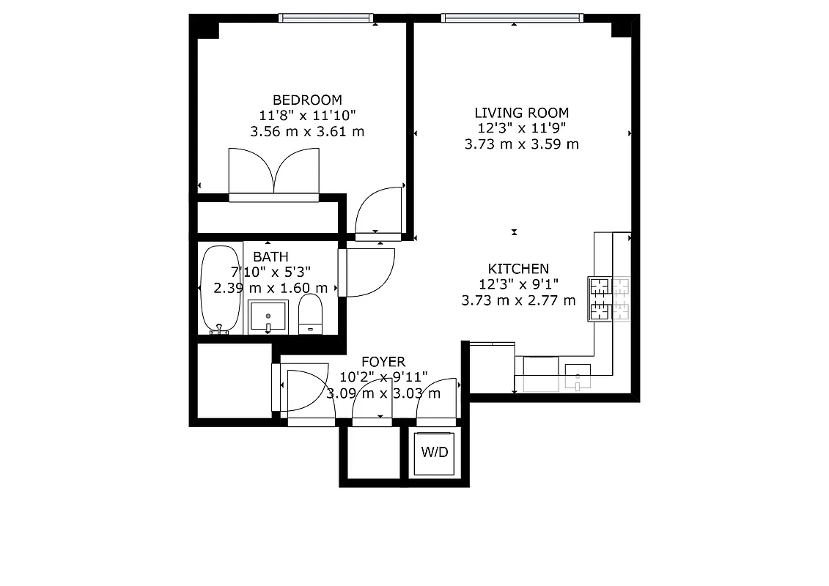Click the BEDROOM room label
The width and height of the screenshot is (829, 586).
(307, 100)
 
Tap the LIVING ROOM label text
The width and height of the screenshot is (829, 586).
(521, 113)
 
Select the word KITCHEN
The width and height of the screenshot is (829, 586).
(518, 269)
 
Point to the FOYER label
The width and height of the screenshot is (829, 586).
(383, 362)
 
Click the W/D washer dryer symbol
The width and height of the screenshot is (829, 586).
(434, 453)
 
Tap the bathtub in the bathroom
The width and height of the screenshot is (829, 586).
(215, 289)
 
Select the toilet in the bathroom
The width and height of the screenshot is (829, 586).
(312, 314)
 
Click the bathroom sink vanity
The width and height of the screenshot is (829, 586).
(268, 316)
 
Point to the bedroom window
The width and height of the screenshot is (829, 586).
(326, 18)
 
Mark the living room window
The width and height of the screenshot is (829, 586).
(513, 18)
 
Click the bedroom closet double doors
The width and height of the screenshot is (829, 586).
(274, 174)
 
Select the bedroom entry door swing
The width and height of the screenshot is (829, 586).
(378, 212)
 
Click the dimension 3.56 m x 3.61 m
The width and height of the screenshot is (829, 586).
(307, 132)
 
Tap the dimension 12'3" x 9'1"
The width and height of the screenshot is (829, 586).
(518, 284)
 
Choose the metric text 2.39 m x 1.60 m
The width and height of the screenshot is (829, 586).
(270, 288)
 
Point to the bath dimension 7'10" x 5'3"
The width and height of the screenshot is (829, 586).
(270, 272)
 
